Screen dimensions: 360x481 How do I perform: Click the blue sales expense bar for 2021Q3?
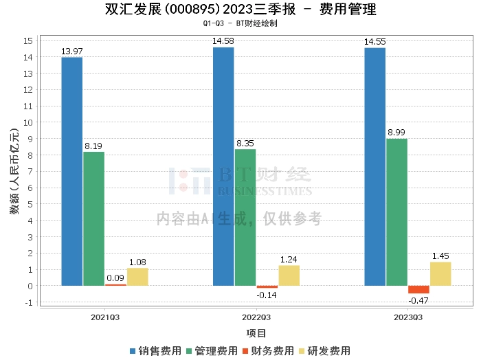tap(71, 171)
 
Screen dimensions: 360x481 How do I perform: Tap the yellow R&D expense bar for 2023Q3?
tap(440, 273)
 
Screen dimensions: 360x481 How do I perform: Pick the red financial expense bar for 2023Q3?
tap(418, 289)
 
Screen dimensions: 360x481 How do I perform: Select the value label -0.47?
tap(418, 300)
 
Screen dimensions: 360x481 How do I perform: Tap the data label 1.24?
tap(289, 260)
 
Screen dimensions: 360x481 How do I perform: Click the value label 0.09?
tap(115, 278)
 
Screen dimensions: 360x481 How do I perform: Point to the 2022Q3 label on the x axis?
tap(256, 317)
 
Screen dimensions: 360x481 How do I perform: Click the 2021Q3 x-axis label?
tap(105, 317)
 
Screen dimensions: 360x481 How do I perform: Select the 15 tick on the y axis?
tap(29, 41)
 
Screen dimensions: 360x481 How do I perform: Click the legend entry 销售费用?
tap(156, 350)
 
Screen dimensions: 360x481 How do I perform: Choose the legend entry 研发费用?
tap(325, 350)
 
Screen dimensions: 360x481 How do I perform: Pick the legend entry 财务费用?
tap(269, 350)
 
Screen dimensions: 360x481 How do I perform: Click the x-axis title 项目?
tap(256, 333)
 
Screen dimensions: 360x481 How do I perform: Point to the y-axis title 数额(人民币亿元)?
tap(14, 172)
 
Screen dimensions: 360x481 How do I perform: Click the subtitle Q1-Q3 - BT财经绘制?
tap(240, 23)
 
